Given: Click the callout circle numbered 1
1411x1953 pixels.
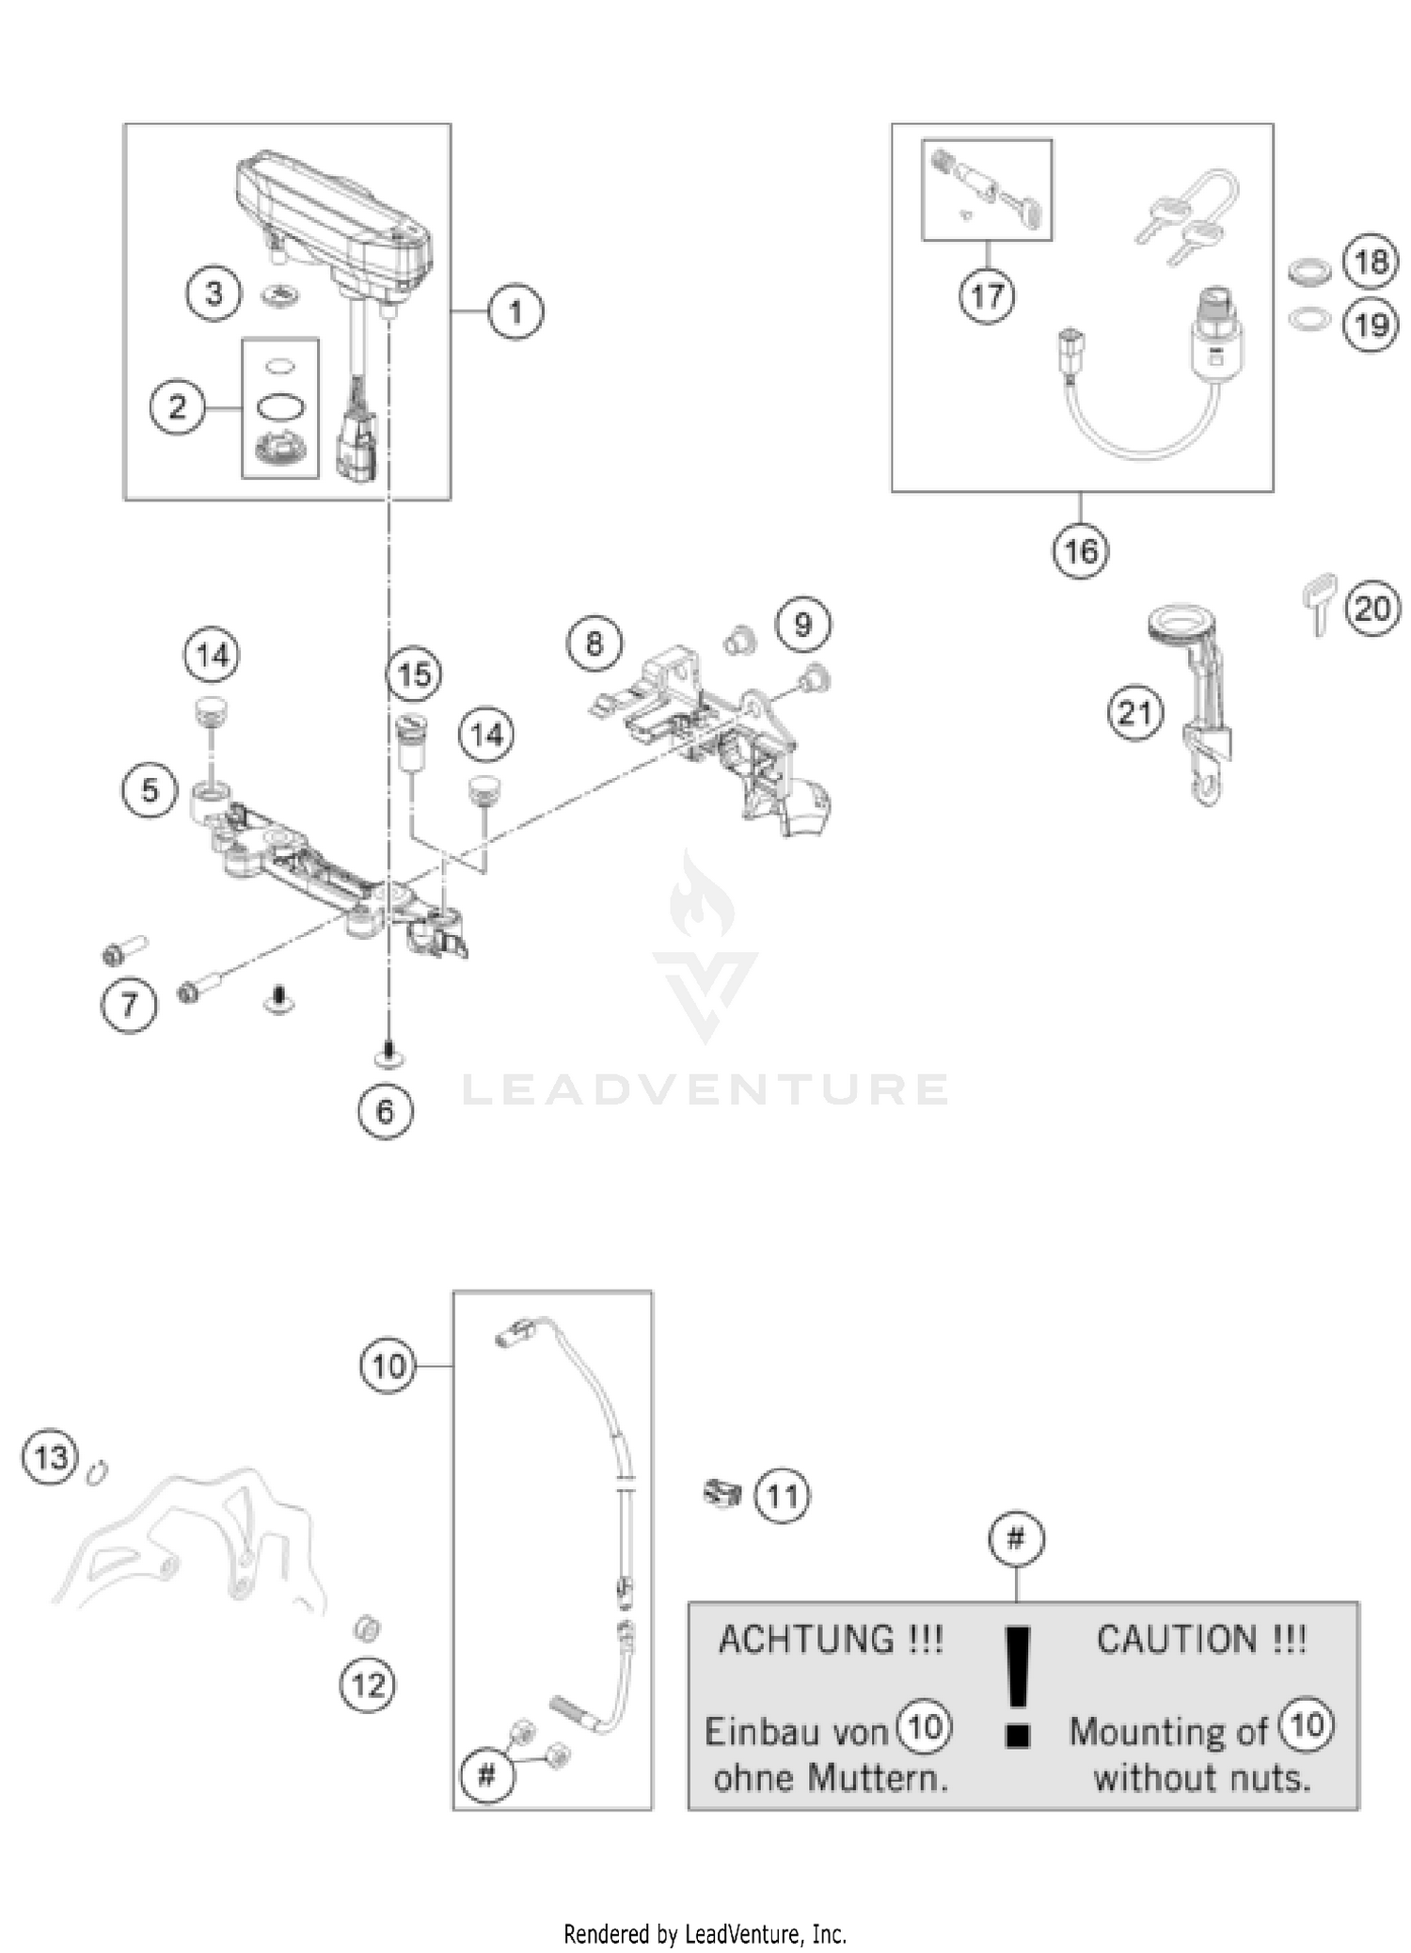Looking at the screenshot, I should click(x=515, y=311).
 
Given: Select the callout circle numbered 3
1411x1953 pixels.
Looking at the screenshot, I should click(x=214, y=294).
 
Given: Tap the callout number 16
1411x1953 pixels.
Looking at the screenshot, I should click(x=1080, y=550).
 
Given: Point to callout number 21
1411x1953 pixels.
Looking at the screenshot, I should click(x=1134, y=713).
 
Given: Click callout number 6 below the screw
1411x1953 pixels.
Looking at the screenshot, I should click(x=385, y=1112).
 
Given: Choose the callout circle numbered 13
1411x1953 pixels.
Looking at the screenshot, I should click(x=50, y=1458).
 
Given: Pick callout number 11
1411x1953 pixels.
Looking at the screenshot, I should click(x=782, y=1495).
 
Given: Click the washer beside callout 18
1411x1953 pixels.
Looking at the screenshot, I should click(x=1308, y=272).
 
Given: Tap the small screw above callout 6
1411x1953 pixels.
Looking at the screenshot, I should click(x=388, y=1055).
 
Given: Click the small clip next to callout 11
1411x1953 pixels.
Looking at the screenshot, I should click(x=721, y=1492).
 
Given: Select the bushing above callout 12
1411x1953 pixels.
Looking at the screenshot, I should click(x=367, y=1627).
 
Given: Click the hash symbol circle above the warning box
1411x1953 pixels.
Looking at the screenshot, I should click(x=1016, y=1540).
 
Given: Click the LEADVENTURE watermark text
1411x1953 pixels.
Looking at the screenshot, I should click(x=705, y=1090).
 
